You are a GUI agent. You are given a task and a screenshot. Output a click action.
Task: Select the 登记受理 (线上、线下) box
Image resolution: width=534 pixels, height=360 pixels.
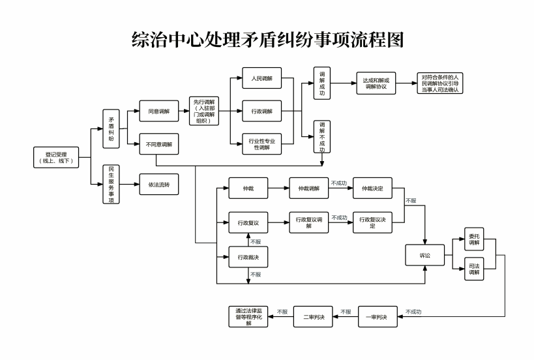coord(57,157)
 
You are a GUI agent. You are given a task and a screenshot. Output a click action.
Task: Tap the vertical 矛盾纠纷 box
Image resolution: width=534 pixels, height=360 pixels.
coord(111,128)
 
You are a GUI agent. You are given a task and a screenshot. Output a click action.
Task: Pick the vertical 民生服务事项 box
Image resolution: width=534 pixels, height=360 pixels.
coord(111,184)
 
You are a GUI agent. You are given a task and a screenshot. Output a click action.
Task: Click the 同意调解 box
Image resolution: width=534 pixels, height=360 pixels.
coord(159,112)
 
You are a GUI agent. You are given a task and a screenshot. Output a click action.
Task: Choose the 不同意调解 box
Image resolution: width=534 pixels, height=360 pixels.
coord(159,144)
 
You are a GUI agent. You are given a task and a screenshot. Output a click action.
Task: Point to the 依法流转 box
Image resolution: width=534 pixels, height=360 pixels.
coord(159,184)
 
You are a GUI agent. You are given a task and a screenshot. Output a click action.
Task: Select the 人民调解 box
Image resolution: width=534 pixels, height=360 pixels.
coord(261,78)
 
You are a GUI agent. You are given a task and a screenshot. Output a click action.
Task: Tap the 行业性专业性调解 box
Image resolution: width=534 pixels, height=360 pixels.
coord(261,143)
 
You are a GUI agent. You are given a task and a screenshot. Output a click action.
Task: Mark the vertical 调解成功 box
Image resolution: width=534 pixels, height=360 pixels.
coord(322,83)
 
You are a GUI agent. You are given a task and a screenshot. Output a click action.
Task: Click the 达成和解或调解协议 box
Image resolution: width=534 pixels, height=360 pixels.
coord(376,83)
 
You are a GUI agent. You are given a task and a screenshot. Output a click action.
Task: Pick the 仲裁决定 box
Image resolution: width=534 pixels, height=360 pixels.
coord(372,188)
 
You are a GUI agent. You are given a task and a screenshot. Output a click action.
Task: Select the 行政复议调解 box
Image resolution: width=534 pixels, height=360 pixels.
coord(308,222)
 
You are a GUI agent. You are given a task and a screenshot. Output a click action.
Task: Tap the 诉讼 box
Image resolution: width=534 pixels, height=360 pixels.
coord(425,256)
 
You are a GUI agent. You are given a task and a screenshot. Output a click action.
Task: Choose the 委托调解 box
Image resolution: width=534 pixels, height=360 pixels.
coord(474,239)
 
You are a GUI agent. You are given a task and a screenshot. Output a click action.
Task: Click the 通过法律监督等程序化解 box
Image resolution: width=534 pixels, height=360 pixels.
coord(248,316)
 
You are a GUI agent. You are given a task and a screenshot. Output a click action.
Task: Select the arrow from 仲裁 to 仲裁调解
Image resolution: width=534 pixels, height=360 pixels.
coord(278,188)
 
